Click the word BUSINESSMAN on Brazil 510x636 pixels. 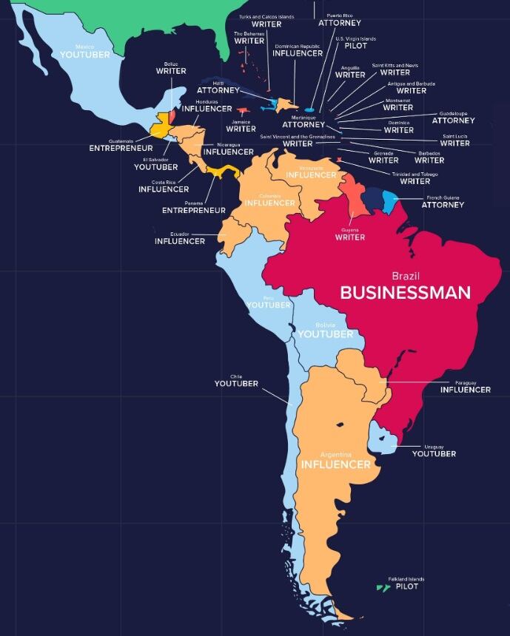pyautogui.click(x=405, y=293)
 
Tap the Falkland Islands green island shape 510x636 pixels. pyautogui.click(x=383, y=588)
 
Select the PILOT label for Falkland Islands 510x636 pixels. pyautogui.click(x=406, y=586)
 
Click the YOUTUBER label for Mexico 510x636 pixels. pyautogui.click(x=84, y=55)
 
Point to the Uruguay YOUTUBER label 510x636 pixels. pyautogui.click(x=434, y=454)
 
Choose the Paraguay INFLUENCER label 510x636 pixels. pyautogui.click(x=465, y=390)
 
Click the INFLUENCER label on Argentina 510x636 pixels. pyautogui.click(x=335, y=465)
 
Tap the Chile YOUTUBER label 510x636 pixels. pyautogui.click(x=236, y=384)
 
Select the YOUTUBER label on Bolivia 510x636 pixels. pyautogui.click(x=326, y=334)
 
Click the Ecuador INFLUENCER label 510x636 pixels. pyautogui.click(x=180, y=241)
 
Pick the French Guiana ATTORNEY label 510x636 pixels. pyautogui.click(x=443, y=205)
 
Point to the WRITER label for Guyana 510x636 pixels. pyautogui.click(x=349, y=237)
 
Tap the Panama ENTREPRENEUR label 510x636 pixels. pyautogui.click(x=194, y=211)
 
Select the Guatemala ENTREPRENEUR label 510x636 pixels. pyautogui.click(x=121, y=149)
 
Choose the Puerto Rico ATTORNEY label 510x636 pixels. pyautogui.click(x=340, y=23)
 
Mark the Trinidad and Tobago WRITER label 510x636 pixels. pyautogui.click(x=415, y=181)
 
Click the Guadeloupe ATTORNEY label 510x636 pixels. pyautogui.click(x=453, y=121)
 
